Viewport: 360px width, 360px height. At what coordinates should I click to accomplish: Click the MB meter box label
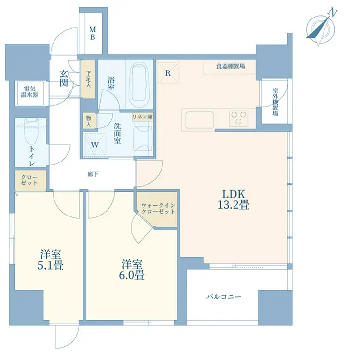click(93, 33)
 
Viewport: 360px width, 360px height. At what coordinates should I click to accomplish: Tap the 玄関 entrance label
click(64, 78)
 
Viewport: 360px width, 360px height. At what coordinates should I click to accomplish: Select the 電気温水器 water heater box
click(30, 93)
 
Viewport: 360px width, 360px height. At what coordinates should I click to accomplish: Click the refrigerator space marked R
click(168, 73)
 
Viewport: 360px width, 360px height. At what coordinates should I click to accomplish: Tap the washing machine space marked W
click(94, 144)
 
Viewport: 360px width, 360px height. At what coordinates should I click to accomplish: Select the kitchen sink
click(199, 120)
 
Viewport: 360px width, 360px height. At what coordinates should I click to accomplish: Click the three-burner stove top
click(238, 118)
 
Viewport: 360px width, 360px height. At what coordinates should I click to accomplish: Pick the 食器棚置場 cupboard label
click(231, 66)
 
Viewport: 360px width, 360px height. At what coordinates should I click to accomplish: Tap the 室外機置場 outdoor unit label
click(275, 102)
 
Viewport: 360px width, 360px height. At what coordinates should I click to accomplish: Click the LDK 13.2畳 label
click(234, 199)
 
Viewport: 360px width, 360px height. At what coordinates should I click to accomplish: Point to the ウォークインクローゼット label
click(158, 208)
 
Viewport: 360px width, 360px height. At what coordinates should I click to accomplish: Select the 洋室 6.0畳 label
click(132, 270)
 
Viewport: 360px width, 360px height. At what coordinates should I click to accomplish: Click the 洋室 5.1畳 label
click(51, 259)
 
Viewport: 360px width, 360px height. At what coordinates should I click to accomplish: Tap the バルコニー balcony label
click(224, 297)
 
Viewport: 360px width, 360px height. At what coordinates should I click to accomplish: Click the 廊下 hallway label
click(93, 174)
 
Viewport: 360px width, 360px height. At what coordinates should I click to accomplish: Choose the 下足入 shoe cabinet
click(88, 79)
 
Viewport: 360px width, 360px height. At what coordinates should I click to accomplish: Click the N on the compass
click(333, 12)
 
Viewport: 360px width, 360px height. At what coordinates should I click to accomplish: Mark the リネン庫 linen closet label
click(143, 117)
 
